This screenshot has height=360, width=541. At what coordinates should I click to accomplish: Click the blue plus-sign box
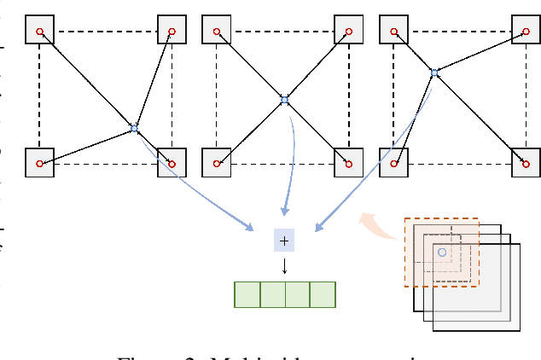coord(284,241)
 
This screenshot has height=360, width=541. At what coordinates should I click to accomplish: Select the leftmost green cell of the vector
coord(247,294)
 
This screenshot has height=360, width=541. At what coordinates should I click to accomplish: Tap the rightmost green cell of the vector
coord(323,294)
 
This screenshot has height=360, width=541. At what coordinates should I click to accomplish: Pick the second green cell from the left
coord(272,294)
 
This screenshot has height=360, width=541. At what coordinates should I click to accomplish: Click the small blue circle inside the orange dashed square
coord(441,253)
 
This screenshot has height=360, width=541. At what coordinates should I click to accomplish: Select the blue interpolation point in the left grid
coord(134,128)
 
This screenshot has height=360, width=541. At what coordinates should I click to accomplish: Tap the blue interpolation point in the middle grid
coord(285,101)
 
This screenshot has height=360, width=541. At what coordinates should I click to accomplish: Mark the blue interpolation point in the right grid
coord(434,73)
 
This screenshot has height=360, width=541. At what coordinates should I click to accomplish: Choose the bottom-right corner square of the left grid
coord(172,162)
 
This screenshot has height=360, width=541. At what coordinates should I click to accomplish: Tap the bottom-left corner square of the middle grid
coord(216,162)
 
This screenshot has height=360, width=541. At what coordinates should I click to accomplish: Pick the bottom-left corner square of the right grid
coord(393,162)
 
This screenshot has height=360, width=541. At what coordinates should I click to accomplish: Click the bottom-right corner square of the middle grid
coord(348,162)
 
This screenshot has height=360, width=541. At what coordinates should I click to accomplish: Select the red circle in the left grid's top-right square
coord(172,32)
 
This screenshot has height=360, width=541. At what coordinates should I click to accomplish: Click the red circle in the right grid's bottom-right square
coord(526,163)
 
